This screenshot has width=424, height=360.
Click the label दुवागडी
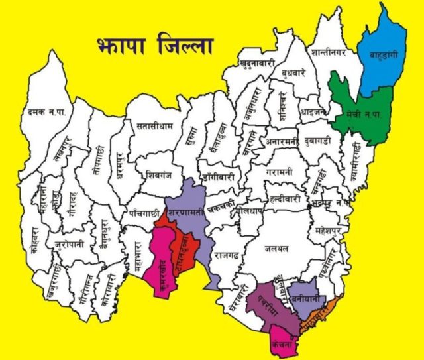click(323, 141)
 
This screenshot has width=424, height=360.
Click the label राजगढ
click(227, 253)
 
